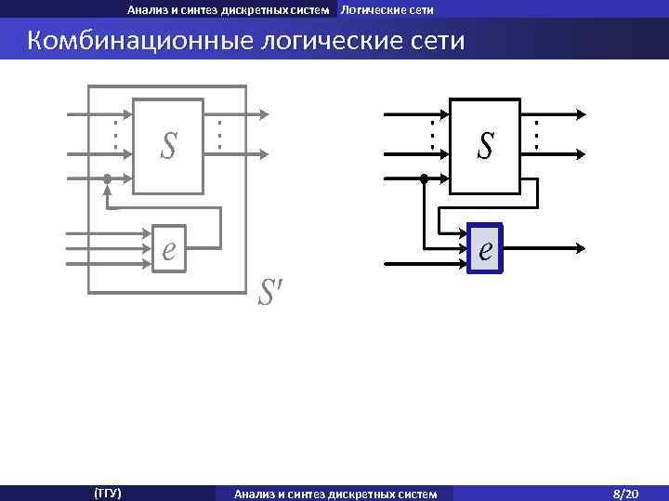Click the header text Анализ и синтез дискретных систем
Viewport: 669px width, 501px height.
(229, 10)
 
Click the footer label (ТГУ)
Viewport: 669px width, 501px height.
(108, 493)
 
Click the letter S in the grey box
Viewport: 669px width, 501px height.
(168, 146)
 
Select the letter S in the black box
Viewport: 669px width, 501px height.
(485, 146)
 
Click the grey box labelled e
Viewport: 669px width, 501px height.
(169, 248)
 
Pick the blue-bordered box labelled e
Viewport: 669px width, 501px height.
(485, 248)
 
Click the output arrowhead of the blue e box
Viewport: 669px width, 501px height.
(581, 248)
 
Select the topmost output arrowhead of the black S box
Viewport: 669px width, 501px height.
(581, 115)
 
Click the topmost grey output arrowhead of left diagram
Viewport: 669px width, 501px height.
(265, 115)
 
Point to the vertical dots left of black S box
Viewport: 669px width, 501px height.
(432, 136)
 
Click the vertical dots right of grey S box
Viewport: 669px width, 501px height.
(219, 136)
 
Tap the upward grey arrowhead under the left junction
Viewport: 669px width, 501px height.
(107, 191)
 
